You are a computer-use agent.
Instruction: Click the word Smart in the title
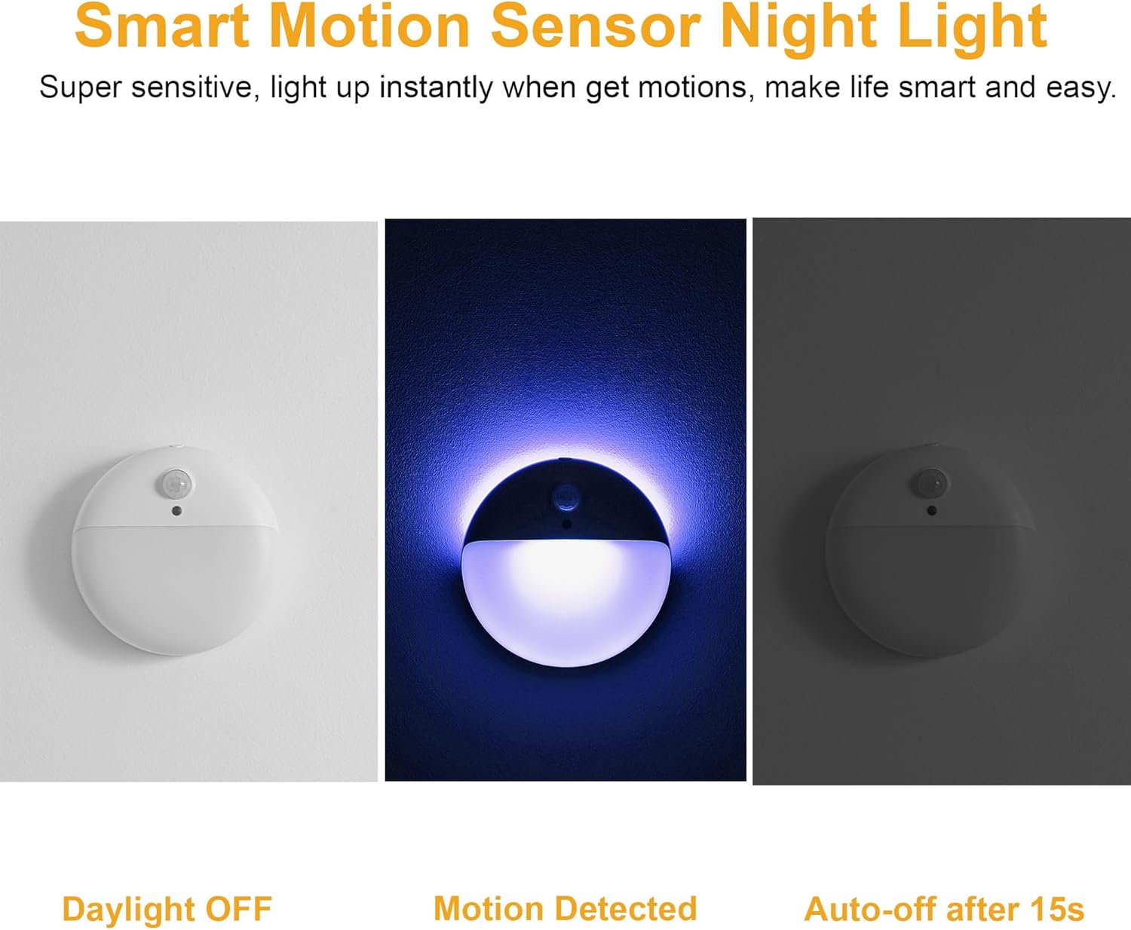pyautogui.click(x=163, y=26)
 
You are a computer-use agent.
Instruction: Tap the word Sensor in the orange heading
pyautogui.click(x=595, y=26)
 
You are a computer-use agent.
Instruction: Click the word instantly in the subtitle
pyautogui.click(x=436, y=87)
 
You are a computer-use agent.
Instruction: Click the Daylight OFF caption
pyautogui.click(x=167, y=909)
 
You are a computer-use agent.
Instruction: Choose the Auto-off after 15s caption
pyautogui.click(x=944, y=909)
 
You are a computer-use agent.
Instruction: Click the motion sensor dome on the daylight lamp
pyautogui.click(x=176, y=484)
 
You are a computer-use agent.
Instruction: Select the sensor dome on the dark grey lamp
pyautogui.click(x=931, y=482)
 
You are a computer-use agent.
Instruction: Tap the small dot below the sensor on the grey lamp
pyautogui.click(x=932, y=510)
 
